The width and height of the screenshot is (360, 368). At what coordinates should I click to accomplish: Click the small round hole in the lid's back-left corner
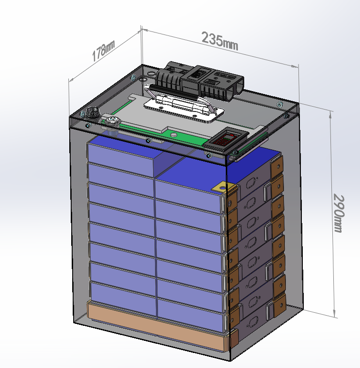tap(143, 78)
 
